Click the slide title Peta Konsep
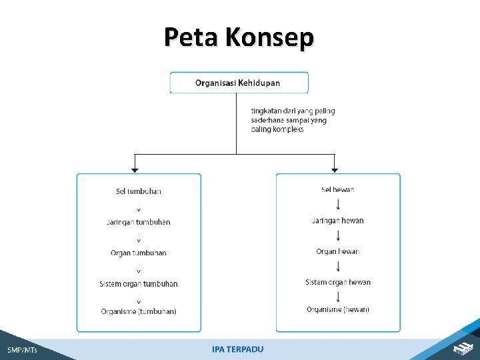tap(239, 37)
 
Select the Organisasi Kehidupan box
tap(239, 83)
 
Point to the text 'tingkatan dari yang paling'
tap(293, 111)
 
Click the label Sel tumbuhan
tap(139, 191)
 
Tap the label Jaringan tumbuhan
tap(139, 222)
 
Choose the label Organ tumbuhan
tap(139, 253)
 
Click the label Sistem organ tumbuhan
tap(139, 284)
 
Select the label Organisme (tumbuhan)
tap(139, 311)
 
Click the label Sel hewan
tap(338, 190)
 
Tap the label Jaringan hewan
tap(338, 221)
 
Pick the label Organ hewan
tap(338, 251)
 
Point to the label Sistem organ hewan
tap(338, 282)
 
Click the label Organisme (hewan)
tap(338, 309)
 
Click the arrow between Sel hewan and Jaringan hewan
tap(338, 205)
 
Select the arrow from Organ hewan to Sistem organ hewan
tap(338, 267)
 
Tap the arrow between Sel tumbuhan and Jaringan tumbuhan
tap(139, 207)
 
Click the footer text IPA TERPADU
tap(238, 349)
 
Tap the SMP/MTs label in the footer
tap(23, 349)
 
